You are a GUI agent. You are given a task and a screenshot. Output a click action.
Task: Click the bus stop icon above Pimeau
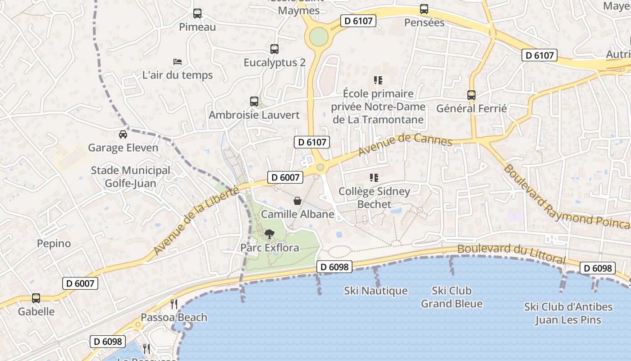(197, 14)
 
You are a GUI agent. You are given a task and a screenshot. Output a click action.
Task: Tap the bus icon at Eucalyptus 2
(274, 49)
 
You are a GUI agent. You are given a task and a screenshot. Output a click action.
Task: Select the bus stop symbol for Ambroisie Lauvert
(254, 102)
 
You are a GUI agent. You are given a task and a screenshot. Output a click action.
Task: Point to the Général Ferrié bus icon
(471, 95)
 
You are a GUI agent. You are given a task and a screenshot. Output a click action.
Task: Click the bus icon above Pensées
(424, 9)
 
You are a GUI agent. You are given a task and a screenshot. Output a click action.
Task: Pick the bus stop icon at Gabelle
(36, 298)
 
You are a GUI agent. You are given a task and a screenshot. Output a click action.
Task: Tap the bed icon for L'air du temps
(178, 62)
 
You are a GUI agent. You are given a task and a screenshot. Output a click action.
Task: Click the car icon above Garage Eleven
(123, 134)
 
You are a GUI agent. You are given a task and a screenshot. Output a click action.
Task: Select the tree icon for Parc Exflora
(270, 234)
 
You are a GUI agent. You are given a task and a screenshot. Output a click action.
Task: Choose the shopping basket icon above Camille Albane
(297, 200)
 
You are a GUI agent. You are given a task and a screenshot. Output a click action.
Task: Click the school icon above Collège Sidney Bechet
(374, 178)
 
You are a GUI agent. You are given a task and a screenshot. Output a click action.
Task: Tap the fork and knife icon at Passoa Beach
(174, 304)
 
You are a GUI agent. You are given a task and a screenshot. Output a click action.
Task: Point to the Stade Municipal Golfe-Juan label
(131, 177)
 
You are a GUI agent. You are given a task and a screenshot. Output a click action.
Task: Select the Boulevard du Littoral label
(511, 254)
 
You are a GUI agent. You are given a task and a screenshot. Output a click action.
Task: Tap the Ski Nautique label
(376, 291)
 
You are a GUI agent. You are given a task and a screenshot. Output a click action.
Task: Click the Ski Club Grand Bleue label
(452, 297)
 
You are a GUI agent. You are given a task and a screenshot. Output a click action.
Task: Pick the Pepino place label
(54, 244)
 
